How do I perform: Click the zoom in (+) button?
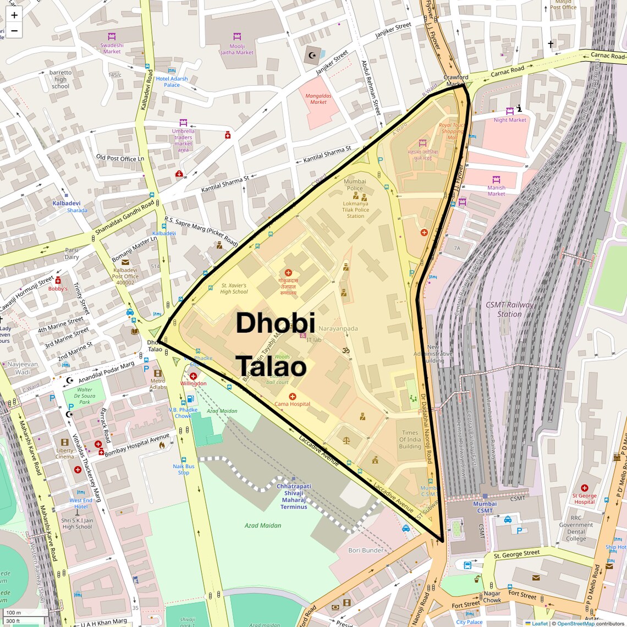14,15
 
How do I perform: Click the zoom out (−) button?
14,31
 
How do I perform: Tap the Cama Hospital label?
292,404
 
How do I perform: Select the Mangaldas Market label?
318,99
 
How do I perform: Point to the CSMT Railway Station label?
509,309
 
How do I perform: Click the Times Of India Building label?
410,439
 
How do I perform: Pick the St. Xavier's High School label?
234,289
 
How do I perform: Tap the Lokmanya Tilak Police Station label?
355,210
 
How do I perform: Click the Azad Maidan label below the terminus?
263,525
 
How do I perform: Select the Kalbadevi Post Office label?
125,276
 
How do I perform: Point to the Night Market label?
510,120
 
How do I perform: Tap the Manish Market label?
496,190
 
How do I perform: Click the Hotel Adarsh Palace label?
172,82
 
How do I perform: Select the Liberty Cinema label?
65,454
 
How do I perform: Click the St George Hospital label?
584,498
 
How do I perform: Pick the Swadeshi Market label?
112,48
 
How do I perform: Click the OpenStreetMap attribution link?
576,623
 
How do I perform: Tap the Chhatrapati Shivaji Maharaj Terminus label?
294,496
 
